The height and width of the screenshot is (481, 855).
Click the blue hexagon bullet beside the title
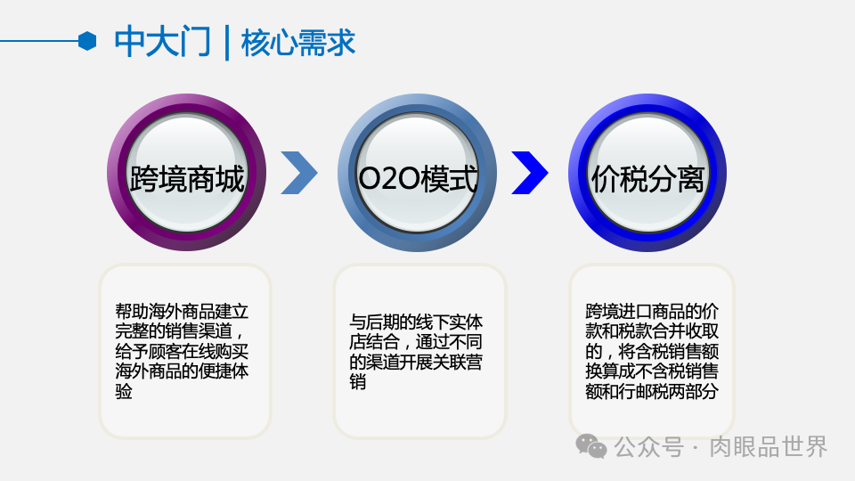point(86,40)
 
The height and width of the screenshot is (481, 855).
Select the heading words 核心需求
point(298,42)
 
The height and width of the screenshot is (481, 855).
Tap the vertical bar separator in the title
point(227,42)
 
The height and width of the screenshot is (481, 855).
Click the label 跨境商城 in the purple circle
point(187,179)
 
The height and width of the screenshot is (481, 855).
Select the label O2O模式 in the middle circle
point(418,179)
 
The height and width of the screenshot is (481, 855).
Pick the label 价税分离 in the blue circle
point(647,179)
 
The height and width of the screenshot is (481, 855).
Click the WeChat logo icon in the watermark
point(591,445)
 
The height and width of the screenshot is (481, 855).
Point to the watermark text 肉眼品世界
point(768,446)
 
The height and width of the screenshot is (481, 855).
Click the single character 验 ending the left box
point(124,391)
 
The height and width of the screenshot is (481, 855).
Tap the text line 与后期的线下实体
point(416,322)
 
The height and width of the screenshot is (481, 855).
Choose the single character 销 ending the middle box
point(357,382)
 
